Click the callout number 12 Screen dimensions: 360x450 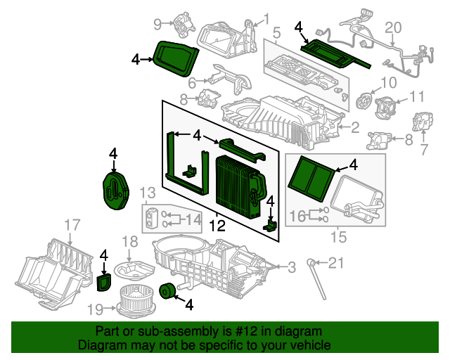[x=217, y=226]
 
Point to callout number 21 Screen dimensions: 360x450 [x=337, y=264]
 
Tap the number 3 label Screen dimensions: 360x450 [x=291, y=266]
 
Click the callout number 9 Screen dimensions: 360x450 [x=159, y=25]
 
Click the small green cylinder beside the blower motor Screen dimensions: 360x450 [x=168, y=290]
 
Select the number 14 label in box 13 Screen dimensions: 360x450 [x=192, y=219]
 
